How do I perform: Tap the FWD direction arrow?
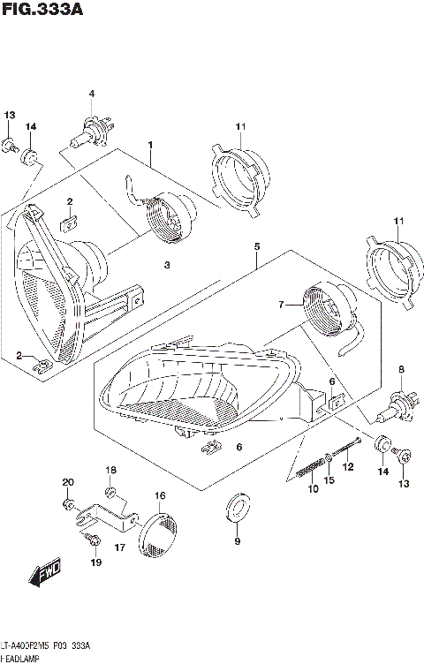(44, 577)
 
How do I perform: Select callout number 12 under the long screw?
(347, 466)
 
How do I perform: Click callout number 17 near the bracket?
(119, 547)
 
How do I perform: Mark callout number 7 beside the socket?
(281, 305)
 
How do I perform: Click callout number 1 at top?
(150, 145)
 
